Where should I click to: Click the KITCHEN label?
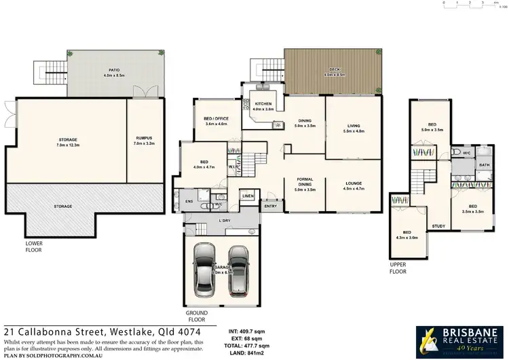point(263,105)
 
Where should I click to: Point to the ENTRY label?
point(270,206)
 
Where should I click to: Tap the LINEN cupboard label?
point(248,196)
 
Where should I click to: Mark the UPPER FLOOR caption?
point(398,268)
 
